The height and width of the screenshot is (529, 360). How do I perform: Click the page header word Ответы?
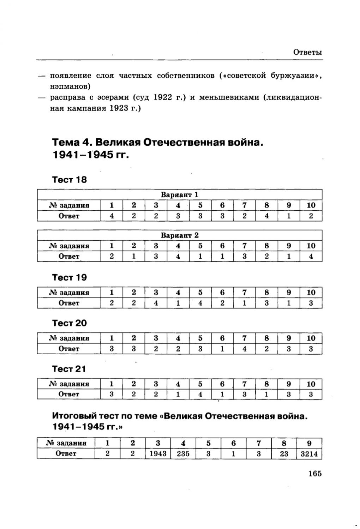[308, 53]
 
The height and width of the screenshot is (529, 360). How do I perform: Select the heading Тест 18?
[69, 180]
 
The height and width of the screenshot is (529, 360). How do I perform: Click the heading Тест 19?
[69, 277]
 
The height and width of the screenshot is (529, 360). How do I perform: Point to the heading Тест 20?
[69, 323]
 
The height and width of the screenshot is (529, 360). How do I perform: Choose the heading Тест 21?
[69, 369]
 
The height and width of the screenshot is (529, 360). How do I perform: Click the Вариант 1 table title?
[180, 194]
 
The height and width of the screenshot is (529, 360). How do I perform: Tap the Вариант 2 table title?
[180, 235]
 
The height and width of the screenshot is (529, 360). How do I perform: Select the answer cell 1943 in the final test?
[158, 453]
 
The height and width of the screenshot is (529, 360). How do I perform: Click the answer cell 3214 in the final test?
[309, 453]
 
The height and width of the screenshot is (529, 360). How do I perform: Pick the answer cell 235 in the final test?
[183, 453]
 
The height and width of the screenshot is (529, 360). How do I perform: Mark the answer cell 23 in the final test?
[284, 453]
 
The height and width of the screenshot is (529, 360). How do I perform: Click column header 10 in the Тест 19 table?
[311, 293]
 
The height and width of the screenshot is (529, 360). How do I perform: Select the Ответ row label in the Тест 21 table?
[69, 394]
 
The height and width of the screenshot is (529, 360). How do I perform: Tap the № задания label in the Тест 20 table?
[69, 338]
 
